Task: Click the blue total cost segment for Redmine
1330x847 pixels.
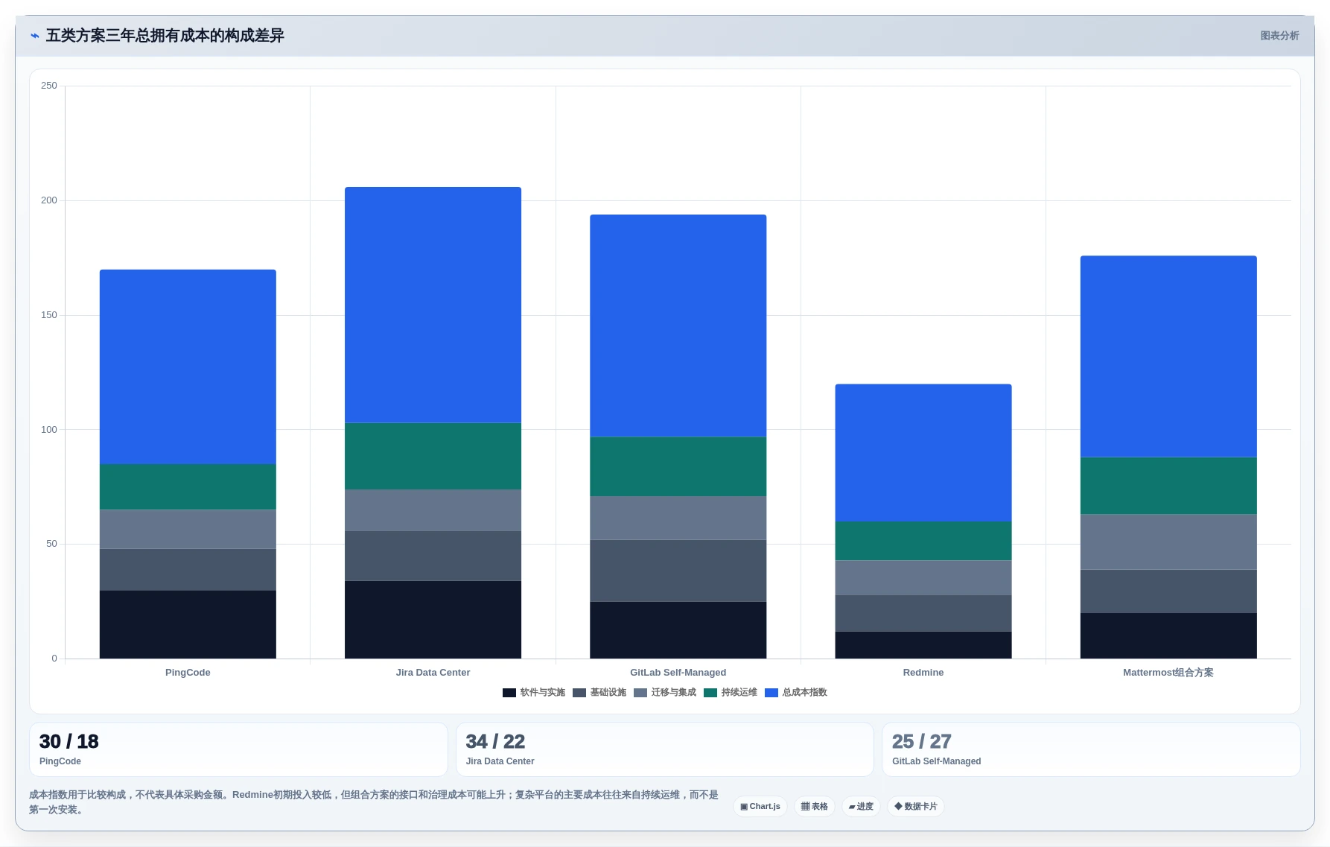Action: click(923, 452)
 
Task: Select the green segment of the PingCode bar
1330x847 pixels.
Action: click(188, 486)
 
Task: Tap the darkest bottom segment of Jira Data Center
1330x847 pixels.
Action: click(433, 619)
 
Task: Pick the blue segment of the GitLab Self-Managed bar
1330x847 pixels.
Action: click(678, 326)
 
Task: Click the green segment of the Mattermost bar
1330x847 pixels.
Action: click(1168, 485)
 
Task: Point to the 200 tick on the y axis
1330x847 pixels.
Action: click(49, 200)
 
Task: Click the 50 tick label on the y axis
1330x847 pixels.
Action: click(51, 544)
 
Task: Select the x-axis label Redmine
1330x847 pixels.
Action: click(923, 673)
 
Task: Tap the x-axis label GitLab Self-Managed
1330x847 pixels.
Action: click(678, 673)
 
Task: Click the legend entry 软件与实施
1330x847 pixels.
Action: click(534, 693)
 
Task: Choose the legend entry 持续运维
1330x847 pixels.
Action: click(731, 693)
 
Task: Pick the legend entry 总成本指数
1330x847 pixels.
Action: click(796, 693)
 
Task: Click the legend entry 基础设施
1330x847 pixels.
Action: click(599, 693)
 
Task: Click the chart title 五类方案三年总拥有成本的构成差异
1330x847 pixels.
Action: click(165, 36)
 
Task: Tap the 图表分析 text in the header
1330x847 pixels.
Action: click(1279, 36)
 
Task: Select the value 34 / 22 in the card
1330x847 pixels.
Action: click(495, 741)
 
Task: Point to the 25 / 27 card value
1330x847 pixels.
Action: click(922, 741)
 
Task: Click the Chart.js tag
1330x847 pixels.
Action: click(760, 806)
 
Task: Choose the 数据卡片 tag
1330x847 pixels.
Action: click(916, 806)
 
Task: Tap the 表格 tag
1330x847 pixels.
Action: click(815, 806)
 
